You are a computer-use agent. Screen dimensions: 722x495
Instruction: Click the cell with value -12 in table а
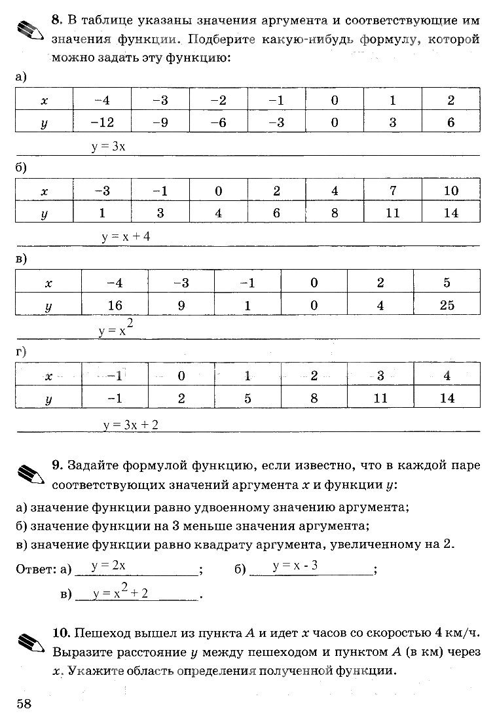(x=102, y=122)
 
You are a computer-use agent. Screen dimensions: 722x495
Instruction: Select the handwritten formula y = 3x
(x=108, y=147)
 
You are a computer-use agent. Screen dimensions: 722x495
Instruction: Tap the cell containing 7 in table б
(x=393, y=191)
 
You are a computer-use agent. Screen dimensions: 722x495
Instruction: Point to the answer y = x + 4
(x=126, y=237)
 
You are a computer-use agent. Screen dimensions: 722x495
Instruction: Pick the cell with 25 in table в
(x=447, y=305)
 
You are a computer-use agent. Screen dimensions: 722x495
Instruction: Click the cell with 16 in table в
(x=115, y=305)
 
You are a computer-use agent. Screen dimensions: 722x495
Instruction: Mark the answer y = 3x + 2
(x=131, y=425)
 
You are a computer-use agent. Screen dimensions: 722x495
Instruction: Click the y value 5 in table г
(x=247, y=398)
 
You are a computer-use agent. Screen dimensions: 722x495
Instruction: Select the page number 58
(x=24, y=704)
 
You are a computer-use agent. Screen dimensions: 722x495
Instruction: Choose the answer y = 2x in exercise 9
(x=109, y=565)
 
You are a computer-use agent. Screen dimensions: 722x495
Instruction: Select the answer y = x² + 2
(x=121, y=592)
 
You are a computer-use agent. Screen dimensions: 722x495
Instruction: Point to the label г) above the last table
(x=21, y=352)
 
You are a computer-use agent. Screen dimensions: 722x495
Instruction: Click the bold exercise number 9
(x=57, y=465)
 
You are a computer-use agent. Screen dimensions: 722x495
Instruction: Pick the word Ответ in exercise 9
(x=33, y=570)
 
